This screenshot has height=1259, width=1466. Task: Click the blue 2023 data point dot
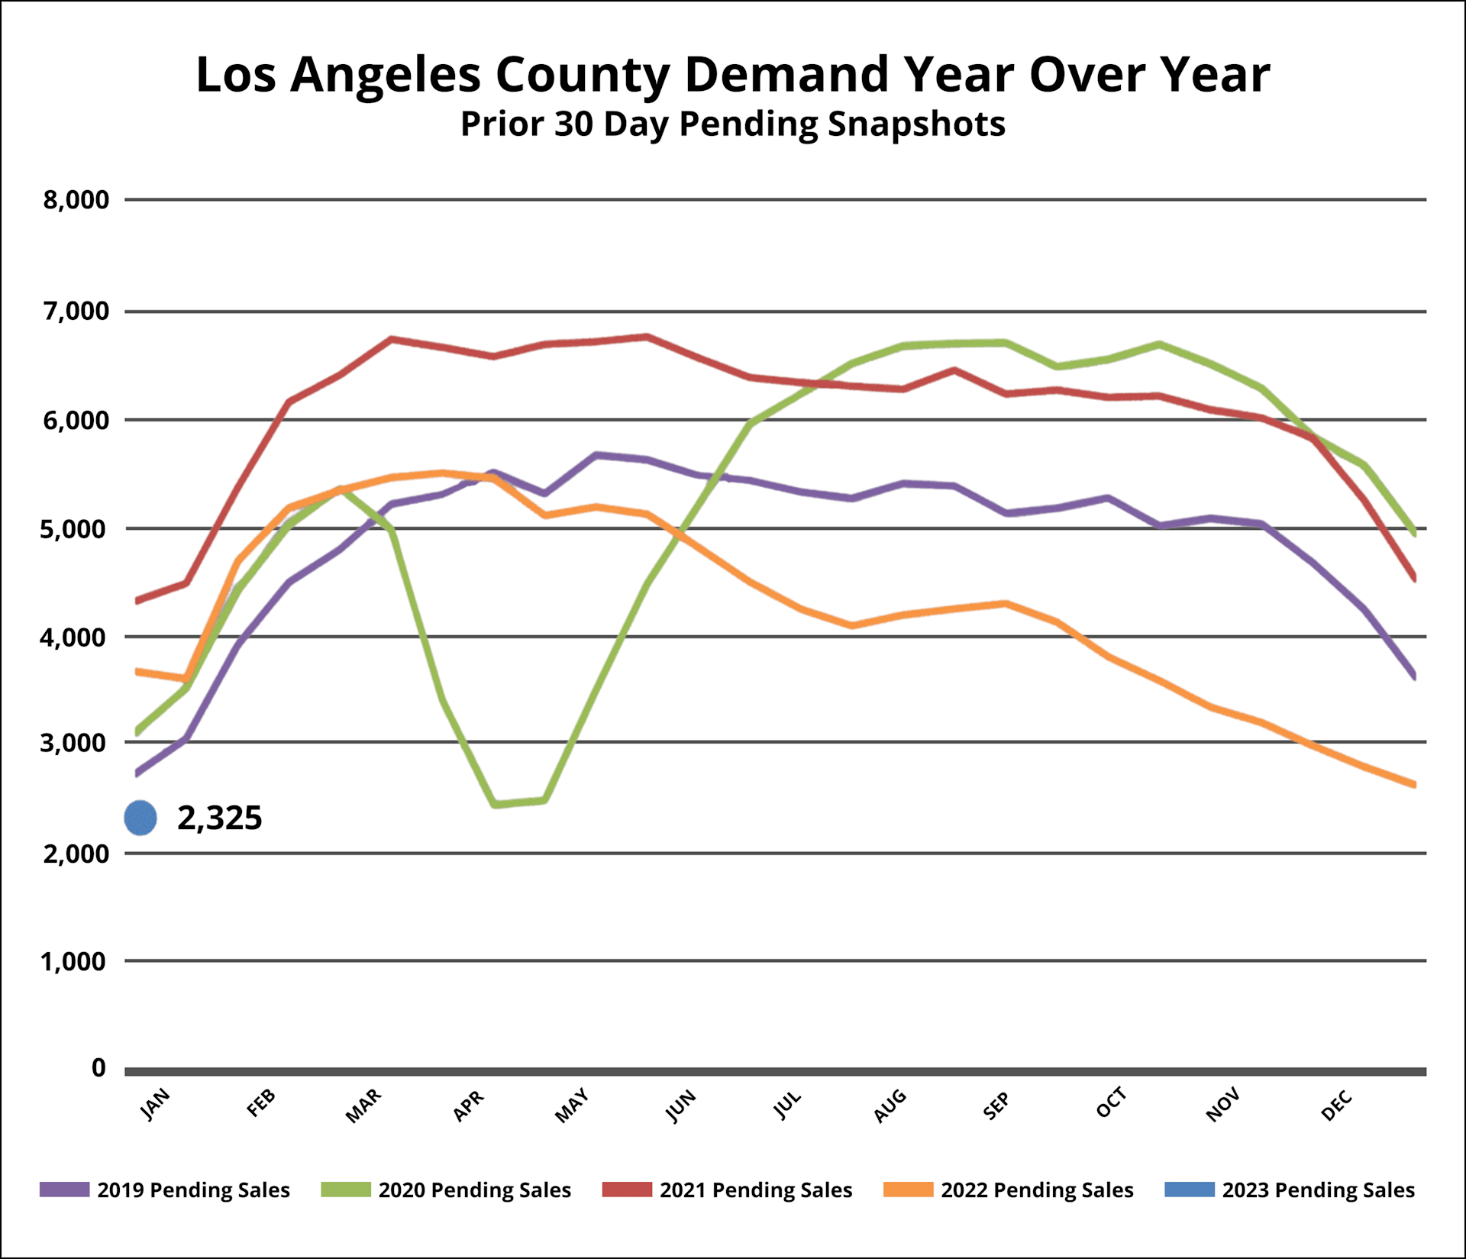(140, 818)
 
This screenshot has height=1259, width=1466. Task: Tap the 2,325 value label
(220, 818)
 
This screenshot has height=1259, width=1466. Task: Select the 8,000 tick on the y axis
(76, 200)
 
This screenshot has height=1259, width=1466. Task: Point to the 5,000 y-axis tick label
(74, 528)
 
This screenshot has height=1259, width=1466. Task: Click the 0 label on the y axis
(98, 1067)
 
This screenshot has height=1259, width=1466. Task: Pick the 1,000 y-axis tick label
(74, 961)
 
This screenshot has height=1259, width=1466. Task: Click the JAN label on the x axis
(156, 1104)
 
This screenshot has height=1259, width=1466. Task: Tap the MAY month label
(572, 1106)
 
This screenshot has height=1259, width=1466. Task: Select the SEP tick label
(996, 1106)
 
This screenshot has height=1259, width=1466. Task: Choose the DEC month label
(1336, 1106)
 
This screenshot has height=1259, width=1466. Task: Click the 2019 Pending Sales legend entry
(165, 1190)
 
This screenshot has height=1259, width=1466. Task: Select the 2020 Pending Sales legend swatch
(346, 1190)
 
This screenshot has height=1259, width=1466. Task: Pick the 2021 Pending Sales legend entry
(727, 1190)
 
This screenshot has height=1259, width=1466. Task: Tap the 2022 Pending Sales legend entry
(1008, 1190)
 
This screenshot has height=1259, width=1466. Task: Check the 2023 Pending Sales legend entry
(1290, 1190)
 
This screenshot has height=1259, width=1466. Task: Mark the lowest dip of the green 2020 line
(496, 804)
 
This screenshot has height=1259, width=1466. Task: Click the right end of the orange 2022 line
(1415, 784)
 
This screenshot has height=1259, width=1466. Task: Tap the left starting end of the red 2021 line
(137, 601)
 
